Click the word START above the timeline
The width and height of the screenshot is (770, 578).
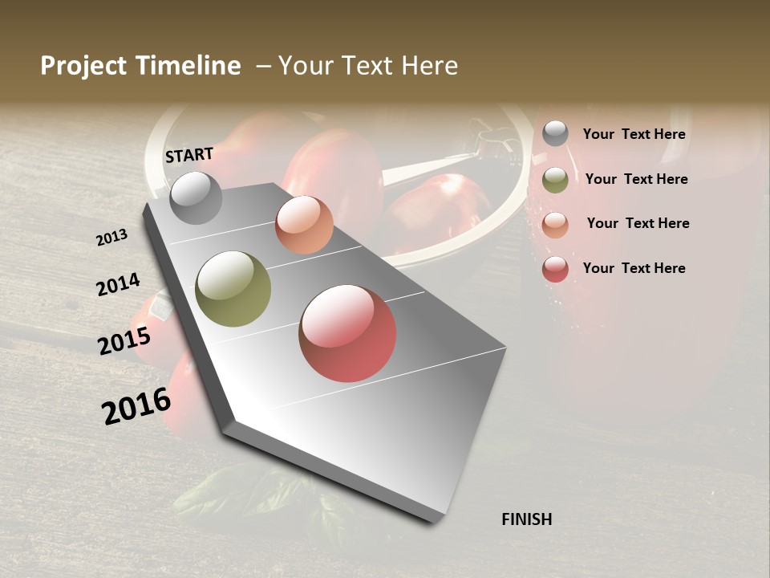189,155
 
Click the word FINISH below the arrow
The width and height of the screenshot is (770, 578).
526,519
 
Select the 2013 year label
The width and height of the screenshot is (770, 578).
112,238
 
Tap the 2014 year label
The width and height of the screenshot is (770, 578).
118,285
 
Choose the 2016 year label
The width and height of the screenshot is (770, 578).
136,406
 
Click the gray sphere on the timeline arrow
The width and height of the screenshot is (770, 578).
196,197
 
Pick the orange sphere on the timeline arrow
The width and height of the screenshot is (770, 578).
304,225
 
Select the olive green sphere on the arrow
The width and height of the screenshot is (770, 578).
233,289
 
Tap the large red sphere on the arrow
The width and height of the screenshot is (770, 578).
347,333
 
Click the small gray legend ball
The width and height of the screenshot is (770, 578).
555,134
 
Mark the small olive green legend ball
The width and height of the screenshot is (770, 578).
555,180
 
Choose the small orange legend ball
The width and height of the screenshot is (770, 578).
555,224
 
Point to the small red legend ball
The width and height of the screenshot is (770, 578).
555,269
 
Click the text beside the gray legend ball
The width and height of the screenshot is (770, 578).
634,134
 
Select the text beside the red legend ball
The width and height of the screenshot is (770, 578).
634,268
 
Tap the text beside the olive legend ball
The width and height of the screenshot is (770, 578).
636,179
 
